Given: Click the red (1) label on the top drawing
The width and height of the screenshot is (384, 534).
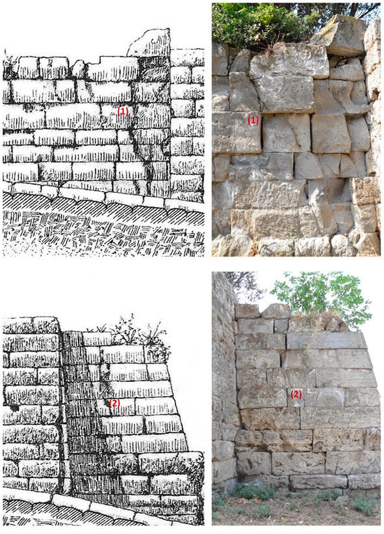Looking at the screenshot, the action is [x=123, y=111].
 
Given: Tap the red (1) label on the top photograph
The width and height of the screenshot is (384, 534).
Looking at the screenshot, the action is [x=253, y=120].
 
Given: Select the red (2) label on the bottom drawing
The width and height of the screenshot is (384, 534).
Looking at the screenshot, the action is [x=114, y=403].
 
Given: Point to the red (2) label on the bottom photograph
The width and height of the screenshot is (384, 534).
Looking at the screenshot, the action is [x=296, y=394].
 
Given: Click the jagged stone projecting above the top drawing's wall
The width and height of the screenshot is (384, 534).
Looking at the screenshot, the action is [x=150, y=43].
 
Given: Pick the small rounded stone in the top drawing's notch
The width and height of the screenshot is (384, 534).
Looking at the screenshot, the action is [x=78, y=69].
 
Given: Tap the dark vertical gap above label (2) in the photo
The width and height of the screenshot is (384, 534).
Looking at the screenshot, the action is [x=282, y=360].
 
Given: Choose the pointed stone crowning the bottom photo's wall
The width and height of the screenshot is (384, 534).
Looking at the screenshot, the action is [x=276, y=311].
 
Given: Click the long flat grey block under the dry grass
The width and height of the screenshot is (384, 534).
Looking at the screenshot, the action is [x=326, y=340].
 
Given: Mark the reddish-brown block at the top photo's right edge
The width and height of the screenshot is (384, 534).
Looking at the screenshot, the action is [x=366, y=191].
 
